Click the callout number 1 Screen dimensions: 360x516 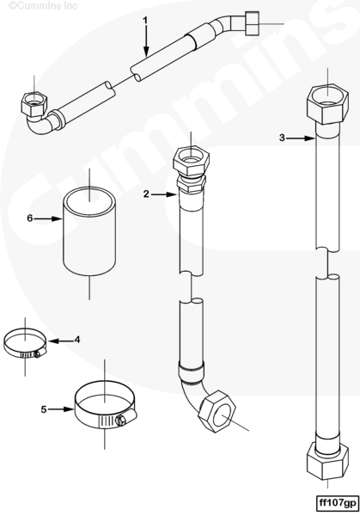pyautogui.click(x=145, y=21)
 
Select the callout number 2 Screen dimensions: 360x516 pyautogui.click(x=146, y=194)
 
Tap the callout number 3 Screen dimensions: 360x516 pyautogui.click(x=282, y=138)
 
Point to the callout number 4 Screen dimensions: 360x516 pyautogui.click(x=77, y=340)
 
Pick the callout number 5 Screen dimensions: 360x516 pyautogui.click(x=44, y=409)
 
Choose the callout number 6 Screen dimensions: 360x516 pyautogui.click(x=30, y=218)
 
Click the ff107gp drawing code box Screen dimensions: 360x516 pyautogui.click(x=337, y=503)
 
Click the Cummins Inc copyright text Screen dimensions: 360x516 pyautogui.click(x=43, y=5)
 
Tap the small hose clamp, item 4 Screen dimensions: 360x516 pyautogui.click(x=25, y=345)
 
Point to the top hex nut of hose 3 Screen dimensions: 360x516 pyautogui.click(x=327, y=104)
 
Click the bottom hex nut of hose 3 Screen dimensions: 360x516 pyautogui.click(x=327, y=461)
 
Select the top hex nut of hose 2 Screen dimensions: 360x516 pyautogui.click(x=191, y=161)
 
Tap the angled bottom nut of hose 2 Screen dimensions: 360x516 pyautogui.click(x=217, y=411)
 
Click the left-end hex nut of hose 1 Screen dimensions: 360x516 pyautogui.click(x=34, y=103)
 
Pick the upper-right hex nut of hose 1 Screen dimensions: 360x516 pyautogui.click(x=252, y=23)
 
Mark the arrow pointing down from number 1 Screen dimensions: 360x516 pyautogui.click(x=146, y=40)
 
